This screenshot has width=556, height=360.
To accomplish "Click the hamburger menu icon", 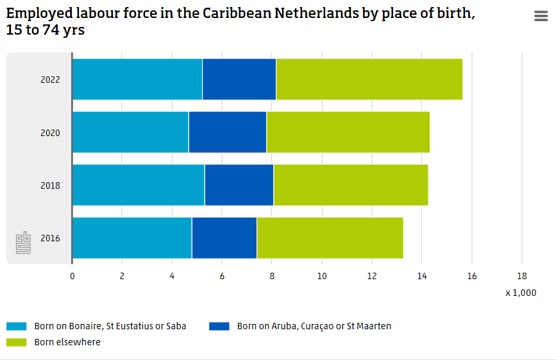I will [x=541, y=17].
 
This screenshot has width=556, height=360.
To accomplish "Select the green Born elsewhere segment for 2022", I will [x=369, y=80].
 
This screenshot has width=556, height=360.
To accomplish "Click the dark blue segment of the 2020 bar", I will [x=227, y=132].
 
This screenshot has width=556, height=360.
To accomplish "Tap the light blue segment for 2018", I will [x=138, y=185].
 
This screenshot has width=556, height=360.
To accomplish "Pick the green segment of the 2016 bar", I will [x=330, y=238].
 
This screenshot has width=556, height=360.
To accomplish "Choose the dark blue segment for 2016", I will [x=224, y=238].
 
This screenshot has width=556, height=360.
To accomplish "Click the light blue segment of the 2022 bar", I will [x=137, y=80].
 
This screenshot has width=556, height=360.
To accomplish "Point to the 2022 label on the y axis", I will [x=50, y=80].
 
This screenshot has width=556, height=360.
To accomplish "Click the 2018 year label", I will [x=50, y=185].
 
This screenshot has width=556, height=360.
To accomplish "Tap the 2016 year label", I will [x=50, y=238].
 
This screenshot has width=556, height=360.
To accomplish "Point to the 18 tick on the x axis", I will [x=521, y=276].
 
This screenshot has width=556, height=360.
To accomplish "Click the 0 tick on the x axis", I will [x=72, y=276].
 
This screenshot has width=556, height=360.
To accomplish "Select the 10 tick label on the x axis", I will [x=322, y=276].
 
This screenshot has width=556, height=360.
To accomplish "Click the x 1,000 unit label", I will [x=520, y=293].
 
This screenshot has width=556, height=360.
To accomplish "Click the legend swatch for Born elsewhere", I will [x=17, y=342].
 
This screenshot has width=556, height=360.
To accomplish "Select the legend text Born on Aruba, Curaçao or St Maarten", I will [x=314, y=326].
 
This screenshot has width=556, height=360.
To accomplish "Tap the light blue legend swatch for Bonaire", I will [x=17, y=326].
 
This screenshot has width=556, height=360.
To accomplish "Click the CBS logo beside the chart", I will [x=24, y=243].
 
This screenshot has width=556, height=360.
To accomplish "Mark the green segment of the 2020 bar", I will [x=348, y=132].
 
